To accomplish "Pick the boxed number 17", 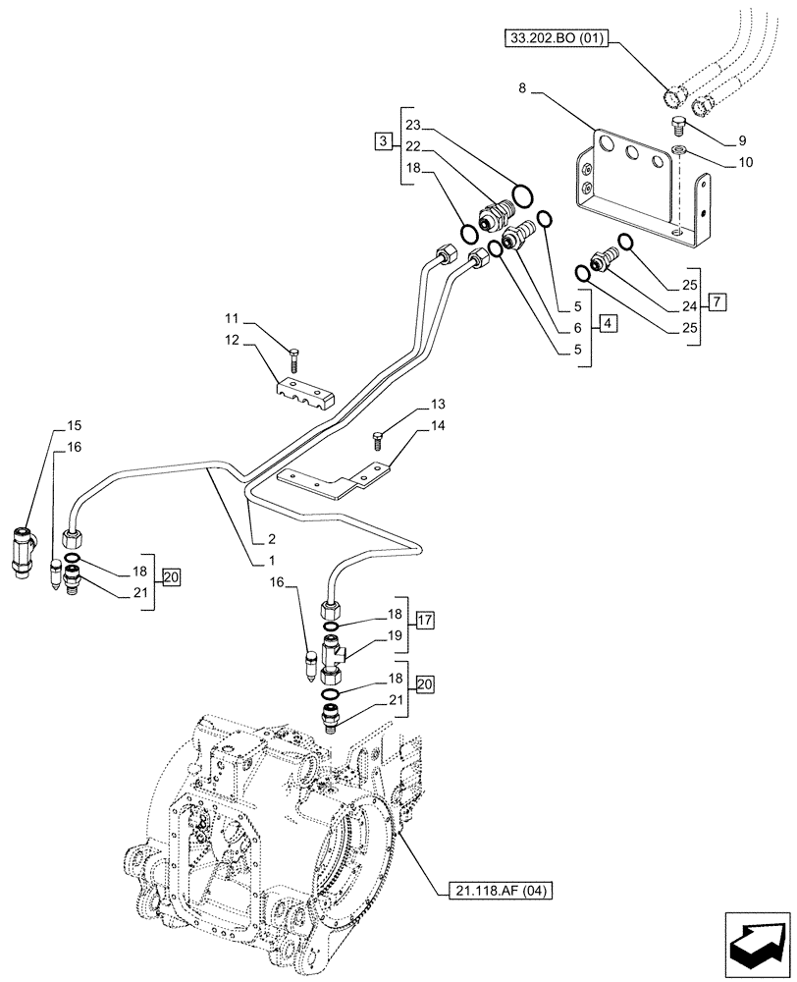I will (425, 620).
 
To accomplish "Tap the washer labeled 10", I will (678, 150).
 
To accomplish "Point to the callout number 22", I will (412, 145).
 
